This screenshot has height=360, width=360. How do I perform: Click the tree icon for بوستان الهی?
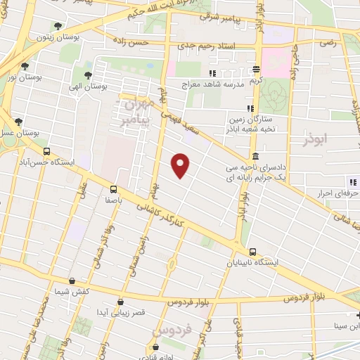(88, 76)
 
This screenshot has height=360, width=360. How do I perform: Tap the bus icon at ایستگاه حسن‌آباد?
(46, 150)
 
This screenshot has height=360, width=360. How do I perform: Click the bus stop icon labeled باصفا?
(113, 188)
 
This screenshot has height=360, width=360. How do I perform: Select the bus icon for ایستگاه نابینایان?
(252, 252)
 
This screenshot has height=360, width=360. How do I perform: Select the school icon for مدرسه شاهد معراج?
(212, 73)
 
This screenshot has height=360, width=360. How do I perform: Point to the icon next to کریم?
(257, 70)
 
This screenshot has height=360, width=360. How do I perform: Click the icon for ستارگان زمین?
(249, 108)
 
